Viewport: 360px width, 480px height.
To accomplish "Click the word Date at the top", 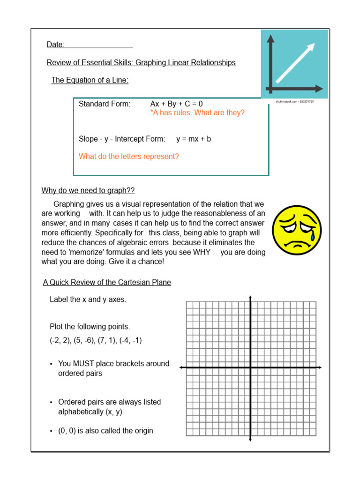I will point(55,45).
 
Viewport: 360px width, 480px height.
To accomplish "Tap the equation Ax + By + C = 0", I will point(176,104).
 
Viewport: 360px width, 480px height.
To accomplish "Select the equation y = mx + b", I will point(193,139).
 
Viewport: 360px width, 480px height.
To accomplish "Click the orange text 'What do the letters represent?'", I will point(128,157).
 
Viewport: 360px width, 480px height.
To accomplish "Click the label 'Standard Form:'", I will point(105,104).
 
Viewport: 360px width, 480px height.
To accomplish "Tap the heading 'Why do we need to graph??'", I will point(88,190).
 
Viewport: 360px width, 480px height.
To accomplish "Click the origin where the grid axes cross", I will point(250,367).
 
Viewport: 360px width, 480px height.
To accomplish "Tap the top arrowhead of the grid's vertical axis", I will point(250,297).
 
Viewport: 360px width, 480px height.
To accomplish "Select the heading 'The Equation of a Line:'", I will point(90,80).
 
